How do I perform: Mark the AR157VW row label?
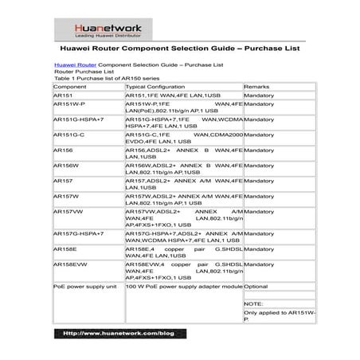67,213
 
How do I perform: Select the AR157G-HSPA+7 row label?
76,233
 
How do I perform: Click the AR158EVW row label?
68,263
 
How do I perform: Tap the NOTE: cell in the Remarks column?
254,303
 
